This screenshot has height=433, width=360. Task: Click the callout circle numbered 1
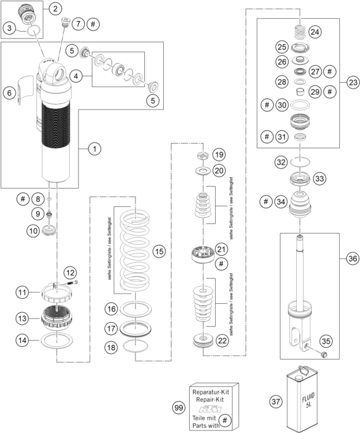click(x=94, y=149)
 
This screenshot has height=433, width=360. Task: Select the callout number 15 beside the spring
click(x=159, y=251)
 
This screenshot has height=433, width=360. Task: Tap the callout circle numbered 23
click(x=353, y=82)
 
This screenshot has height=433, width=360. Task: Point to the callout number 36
click(x=353, y=258)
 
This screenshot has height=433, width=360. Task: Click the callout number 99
click(x=179, y=408)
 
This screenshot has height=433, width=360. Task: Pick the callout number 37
click(x=276, y=401)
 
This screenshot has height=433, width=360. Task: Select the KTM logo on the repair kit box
click(x=210, y=409)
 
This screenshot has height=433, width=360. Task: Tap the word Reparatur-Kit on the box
click(x=211, y=392)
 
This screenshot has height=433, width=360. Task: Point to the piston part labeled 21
click(x=203, y=253)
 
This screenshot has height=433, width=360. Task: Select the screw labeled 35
click(x=323, y=354)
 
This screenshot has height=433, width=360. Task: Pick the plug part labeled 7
click(x=66, y=22)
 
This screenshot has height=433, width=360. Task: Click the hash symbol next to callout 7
click(x=93, y=24)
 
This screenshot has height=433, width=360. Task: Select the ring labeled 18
click(x=135, y=346)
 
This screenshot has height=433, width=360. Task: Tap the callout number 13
click(x=22, y=318)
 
